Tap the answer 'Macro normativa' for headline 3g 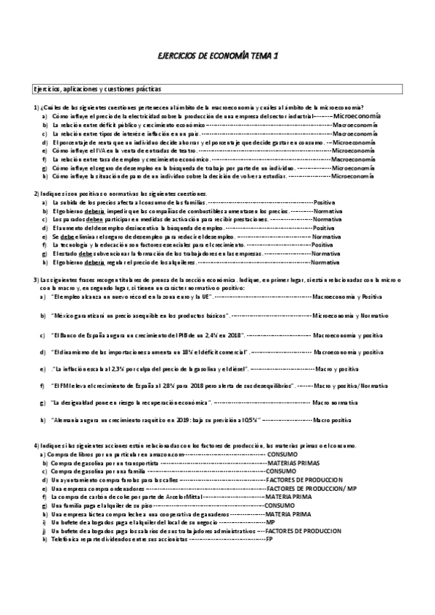click(335, 402)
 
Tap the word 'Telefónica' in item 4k click(66, 540)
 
